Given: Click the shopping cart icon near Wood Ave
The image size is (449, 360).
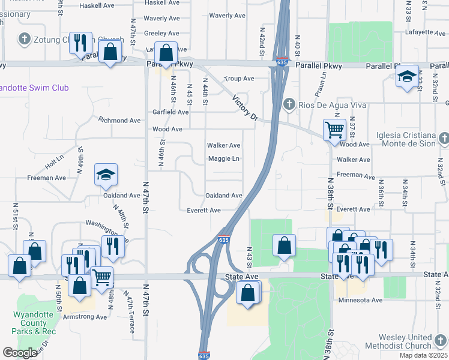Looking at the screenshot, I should pyautogui.click(x=334, y=128).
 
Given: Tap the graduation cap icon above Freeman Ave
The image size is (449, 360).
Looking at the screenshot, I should pyautogui.click(x=106, y=175).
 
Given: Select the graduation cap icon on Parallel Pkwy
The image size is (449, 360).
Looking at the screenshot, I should pyautogui.click(x=407, y=76).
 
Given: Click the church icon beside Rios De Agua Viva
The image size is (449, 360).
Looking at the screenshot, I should pyautogui.click(x=290, y=104).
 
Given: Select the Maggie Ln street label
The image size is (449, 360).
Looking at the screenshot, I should pyautogui.click(x=224, y=159).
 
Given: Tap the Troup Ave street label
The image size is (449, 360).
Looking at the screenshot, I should pyautogui.click(x=240, y=79).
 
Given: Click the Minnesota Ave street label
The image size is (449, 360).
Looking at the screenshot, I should pyautogui.click(x=360, y=300).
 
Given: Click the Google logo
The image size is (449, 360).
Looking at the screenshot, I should pyautogui.click(x=20, y=353).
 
